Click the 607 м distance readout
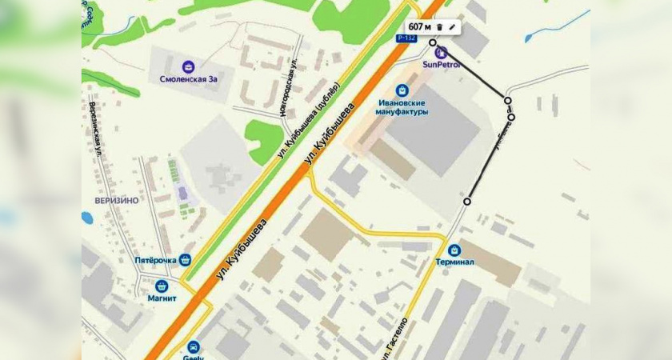click(420, 27)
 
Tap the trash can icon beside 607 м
click(440, 27)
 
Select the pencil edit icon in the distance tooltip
click(452, 27)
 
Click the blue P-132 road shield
click(407, 38)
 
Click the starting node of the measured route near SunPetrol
click(433, 42)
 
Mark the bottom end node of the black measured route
click(467, 202)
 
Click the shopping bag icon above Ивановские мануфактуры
click(402, 90)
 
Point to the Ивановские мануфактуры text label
click(402, 107)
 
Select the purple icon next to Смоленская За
click(188, 66)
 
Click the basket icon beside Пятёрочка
click(186, 259)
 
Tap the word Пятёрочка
click(154, 260)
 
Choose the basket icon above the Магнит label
click(162, 285)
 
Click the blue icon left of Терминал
click(454, 250)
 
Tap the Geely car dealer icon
click(194, 347)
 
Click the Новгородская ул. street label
click(290, 87)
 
